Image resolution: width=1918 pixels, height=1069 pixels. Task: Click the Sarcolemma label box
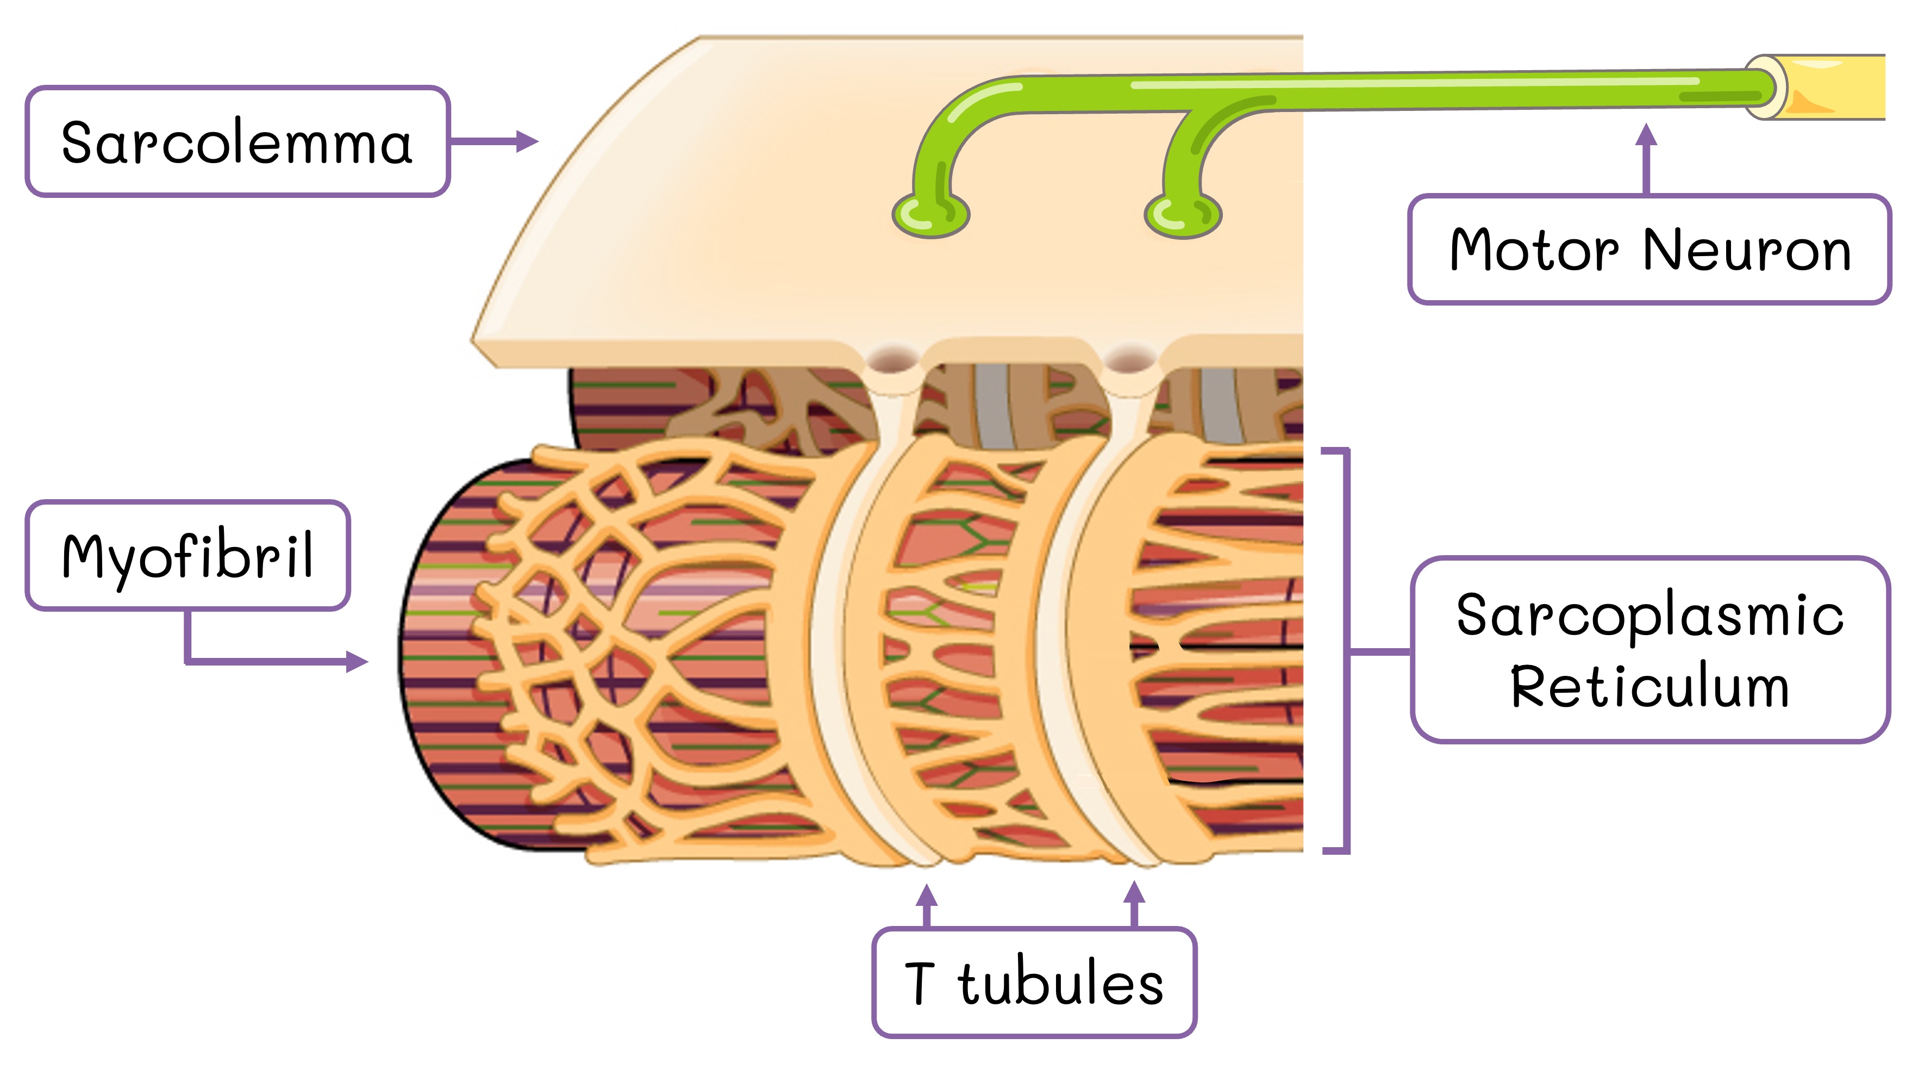click(x=237, y=141)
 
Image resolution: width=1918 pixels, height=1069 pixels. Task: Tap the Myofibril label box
click(x=188, y=556)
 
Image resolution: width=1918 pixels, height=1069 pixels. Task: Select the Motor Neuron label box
click(x=1648, y=250)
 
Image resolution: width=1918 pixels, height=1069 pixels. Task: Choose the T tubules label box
click(x=1033, y=983)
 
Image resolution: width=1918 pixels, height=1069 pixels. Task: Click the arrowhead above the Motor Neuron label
click(x=1646, y=135)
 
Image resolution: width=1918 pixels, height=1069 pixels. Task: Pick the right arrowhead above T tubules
click(x=1134, y=892)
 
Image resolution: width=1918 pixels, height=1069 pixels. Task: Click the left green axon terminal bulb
click(x=930, y=215)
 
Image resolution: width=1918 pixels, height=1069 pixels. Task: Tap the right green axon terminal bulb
click(x=1182, y=215)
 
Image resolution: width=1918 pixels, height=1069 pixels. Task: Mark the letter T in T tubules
click(x=920, y=983)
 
